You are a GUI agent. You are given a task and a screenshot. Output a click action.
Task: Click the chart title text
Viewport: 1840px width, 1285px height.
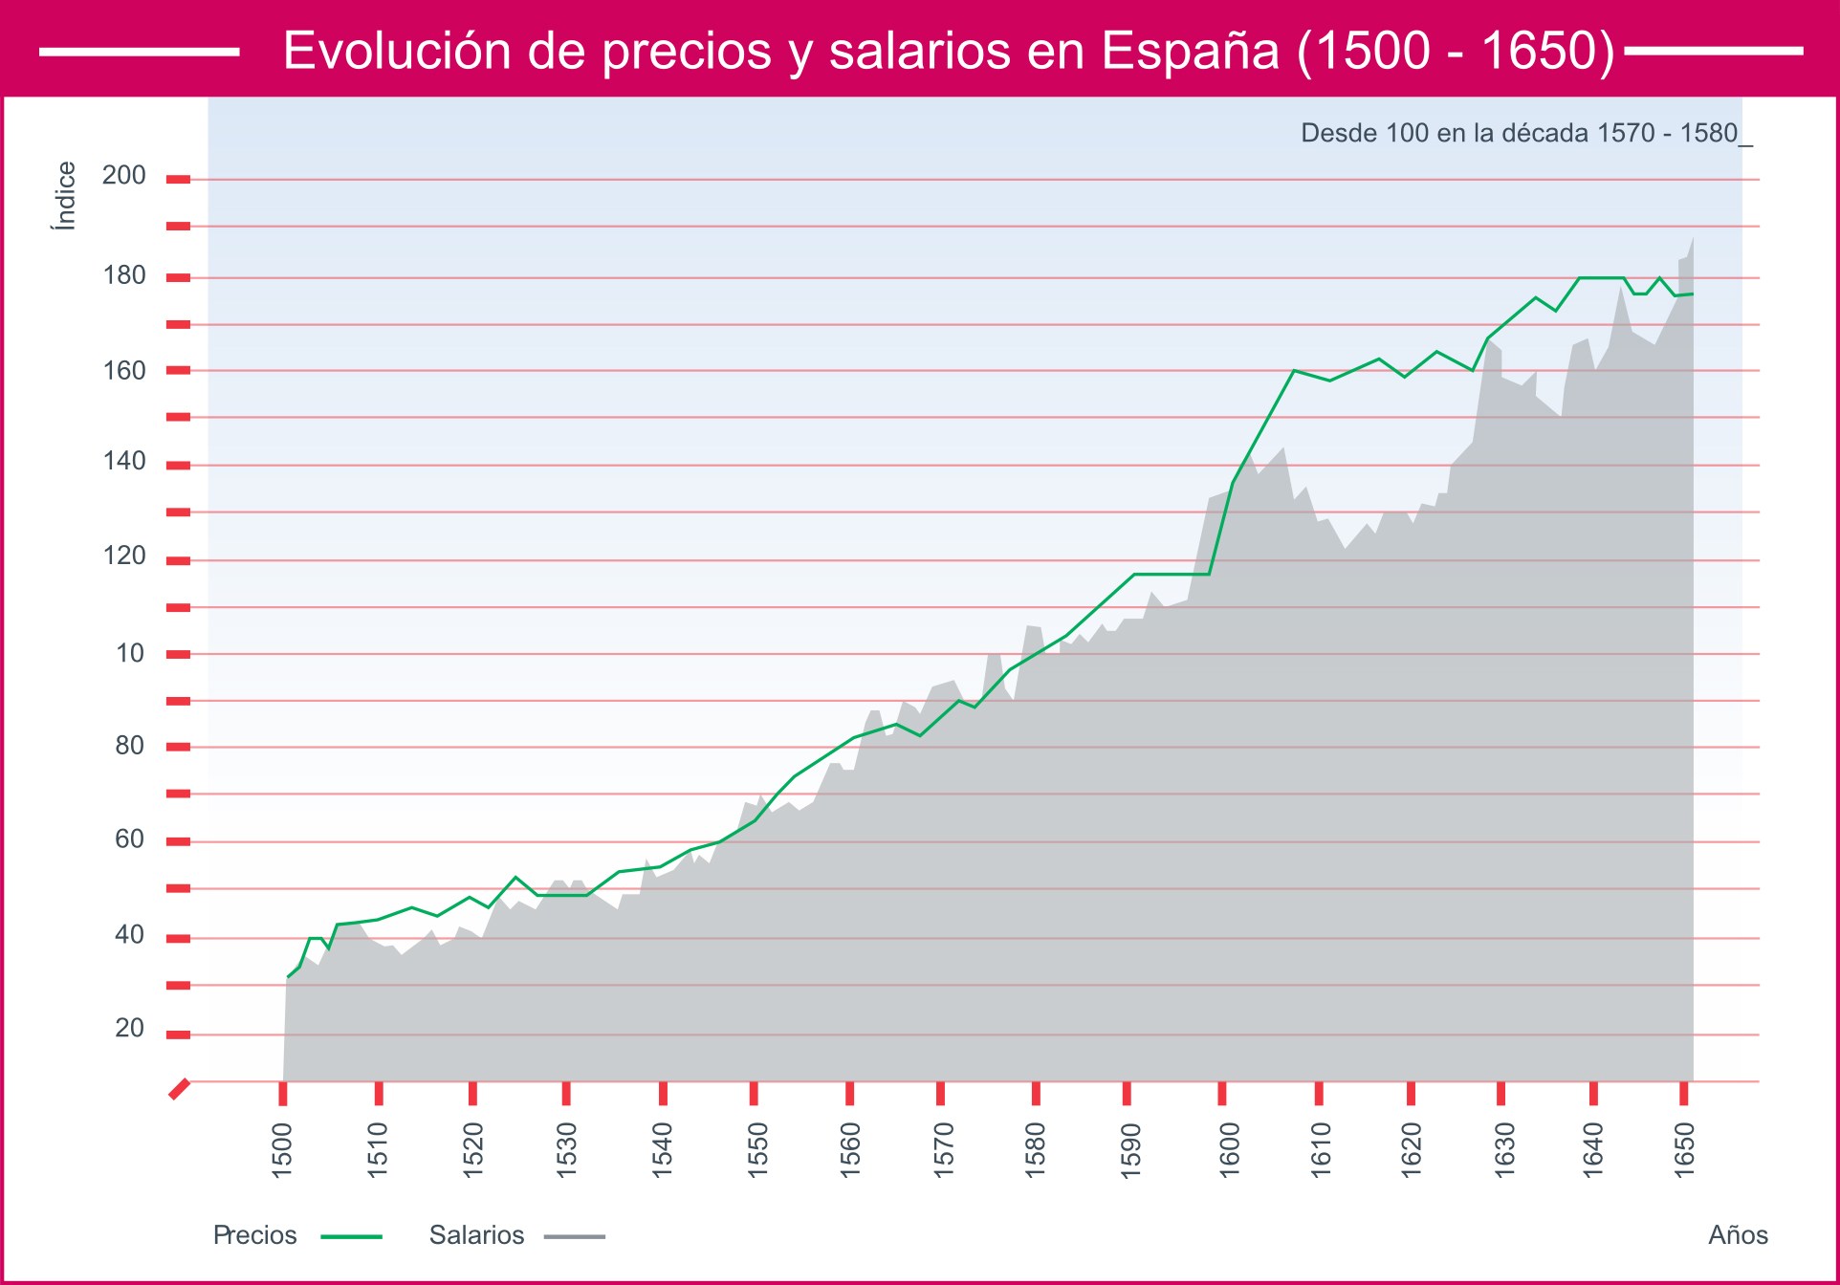pos(949,51)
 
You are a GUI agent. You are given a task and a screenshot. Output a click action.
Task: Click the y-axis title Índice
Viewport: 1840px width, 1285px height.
pos(65,196)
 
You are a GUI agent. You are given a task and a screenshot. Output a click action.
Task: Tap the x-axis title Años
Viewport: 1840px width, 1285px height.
pos(1738,1235)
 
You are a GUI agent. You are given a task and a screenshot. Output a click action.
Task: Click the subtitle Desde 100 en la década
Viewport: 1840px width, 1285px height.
pos(1525,133)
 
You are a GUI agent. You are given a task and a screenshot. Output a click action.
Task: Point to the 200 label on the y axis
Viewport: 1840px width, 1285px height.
pos(124,175)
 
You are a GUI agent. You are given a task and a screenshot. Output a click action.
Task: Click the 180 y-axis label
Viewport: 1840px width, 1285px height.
pos(124,275)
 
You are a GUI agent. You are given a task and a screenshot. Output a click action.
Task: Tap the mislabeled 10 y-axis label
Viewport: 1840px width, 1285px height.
pos(130,653)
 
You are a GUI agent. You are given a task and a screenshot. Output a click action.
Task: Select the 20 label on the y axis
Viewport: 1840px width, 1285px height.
pos(129,1028)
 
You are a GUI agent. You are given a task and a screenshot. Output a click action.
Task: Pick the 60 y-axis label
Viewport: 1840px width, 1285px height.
pos(129,839)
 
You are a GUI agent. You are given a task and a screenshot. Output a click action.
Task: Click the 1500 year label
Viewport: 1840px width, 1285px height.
pos(282,1149)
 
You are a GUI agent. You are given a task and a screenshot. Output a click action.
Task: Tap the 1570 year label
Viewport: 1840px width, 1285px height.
pos(943,1149)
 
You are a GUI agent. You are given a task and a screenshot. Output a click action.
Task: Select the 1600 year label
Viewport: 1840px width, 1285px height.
pos(1229,1149)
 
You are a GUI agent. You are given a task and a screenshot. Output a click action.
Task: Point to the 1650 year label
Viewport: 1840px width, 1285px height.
pos(1684,1149)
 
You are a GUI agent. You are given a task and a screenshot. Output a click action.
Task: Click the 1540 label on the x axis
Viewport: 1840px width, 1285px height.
pos(662,1149)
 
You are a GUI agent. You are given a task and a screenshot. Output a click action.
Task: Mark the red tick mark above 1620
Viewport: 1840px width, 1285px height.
pos(1411,1094)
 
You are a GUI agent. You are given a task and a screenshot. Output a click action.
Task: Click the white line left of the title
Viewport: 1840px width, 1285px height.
pos(139,52)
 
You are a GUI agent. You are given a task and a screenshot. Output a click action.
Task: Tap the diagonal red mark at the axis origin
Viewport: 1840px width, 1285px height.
pos(179,1089)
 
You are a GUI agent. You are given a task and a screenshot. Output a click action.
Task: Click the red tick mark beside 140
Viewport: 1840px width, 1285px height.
pos(178,466)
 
